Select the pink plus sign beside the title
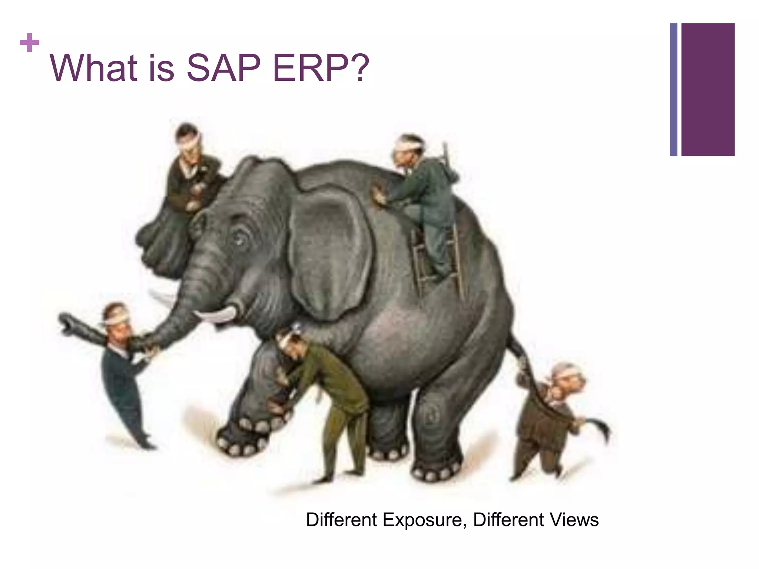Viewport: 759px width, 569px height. click(30, 43)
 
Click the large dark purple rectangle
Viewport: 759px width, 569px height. click(707, 90)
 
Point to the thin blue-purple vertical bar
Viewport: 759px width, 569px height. click(673, 90)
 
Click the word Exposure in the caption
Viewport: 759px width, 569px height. click(422, 520)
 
